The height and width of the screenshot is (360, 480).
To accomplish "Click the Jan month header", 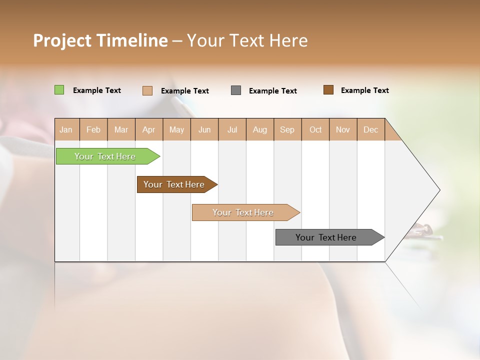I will coord(66,129).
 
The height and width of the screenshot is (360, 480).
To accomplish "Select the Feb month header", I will coord(93,129).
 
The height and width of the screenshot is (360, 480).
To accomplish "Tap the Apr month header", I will coord(148,129).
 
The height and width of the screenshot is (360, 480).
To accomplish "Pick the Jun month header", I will coord(204,129).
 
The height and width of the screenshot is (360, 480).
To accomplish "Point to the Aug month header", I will coord(259,129).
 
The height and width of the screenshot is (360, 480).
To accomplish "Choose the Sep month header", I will coord(287,129).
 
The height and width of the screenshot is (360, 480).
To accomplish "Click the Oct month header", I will coord(315,129).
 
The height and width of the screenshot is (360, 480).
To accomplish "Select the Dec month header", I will coord(370,129).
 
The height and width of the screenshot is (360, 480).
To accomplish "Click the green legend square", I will coord(59,90).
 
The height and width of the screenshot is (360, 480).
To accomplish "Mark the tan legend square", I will coord(147,90).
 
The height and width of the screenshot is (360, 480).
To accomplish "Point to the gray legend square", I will coord(236,90).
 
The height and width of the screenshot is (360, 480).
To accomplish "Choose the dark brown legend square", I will coord(328,90).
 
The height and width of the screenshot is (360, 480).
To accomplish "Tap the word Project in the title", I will coord(62,40).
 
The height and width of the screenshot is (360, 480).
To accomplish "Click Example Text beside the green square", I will coord(97,90).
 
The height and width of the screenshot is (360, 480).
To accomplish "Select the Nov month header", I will coord(342,129).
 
